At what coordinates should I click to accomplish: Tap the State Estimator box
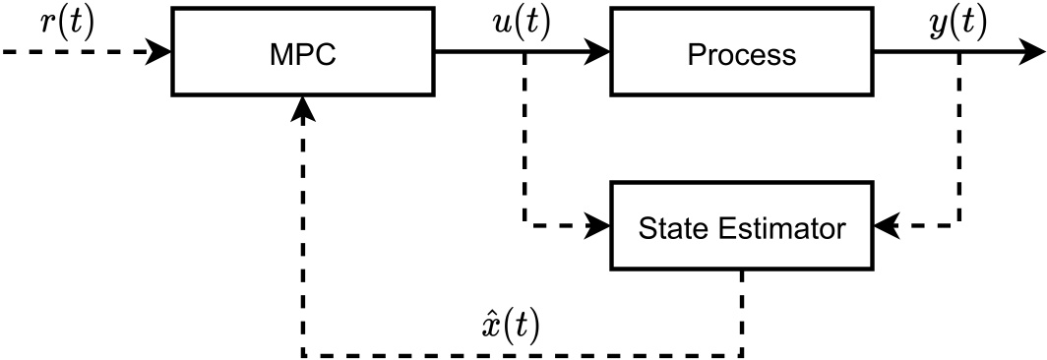point(741,227)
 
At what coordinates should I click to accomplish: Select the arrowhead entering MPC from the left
point(161,52)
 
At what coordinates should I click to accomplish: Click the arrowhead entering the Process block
point(599,52)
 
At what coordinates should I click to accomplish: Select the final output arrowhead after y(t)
point(1033,52)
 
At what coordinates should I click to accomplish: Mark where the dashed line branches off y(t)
point(960,52)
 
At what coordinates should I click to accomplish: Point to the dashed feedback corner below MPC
point(303,355)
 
